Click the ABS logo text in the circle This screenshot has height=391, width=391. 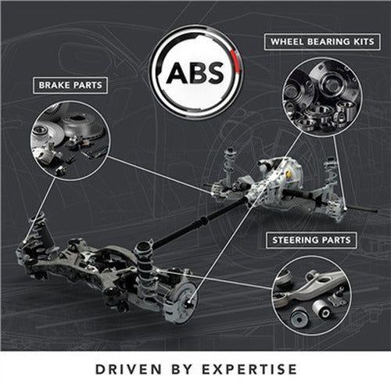coord(195,73)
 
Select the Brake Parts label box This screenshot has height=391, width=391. coord(70,85)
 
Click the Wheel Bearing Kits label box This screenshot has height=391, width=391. coord(322,41)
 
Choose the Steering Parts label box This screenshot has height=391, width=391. coord(311,240)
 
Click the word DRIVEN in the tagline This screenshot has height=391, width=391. coord(128,369)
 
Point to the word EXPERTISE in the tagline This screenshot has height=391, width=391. coord(249,369)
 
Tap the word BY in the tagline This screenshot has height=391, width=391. coord(182,369)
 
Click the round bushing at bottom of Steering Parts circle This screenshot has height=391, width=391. coord(299,318)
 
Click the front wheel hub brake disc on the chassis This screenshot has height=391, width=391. coord(182,303)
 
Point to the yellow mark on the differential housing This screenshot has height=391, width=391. coord(288,175)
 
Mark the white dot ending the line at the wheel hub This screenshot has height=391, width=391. coord(188,302)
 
